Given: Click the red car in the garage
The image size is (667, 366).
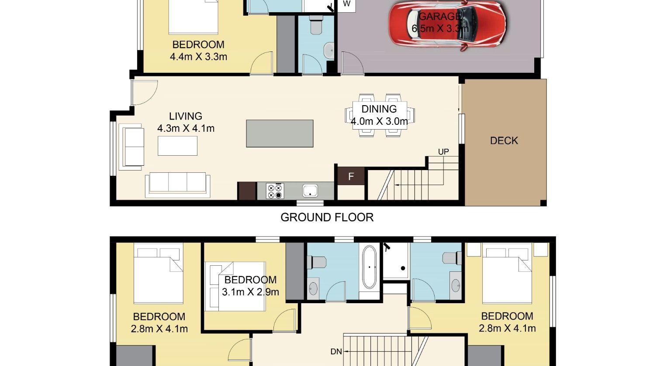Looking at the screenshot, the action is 447,24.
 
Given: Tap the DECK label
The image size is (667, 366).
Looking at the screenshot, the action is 504,140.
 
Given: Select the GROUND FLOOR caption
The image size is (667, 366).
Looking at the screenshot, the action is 327,217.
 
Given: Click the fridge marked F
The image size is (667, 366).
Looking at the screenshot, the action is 351,176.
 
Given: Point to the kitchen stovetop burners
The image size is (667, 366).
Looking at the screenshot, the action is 275,191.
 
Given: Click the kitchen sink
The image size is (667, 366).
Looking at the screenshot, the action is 310,191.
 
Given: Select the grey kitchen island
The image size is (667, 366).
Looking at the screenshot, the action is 280,133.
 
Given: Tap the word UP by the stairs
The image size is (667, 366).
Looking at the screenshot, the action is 443,152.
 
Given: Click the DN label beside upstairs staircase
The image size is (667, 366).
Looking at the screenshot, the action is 336,352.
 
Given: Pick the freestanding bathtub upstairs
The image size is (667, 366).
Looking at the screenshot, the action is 369,267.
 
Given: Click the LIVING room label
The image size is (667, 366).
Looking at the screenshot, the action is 186,116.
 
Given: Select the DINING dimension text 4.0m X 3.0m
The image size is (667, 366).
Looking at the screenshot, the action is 379,121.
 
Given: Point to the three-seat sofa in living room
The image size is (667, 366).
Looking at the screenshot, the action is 178,185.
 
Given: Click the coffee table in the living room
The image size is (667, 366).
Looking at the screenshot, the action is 177,146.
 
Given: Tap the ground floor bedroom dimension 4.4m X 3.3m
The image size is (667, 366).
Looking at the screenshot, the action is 198,56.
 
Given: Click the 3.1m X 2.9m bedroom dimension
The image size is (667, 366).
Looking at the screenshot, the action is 250,292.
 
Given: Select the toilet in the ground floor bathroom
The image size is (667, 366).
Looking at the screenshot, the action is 316,25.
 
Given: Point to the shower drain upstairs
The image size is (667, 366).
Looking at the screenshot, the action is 403,268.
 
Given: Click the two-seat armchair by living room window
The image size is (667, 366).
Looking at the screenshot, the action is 131,147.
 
